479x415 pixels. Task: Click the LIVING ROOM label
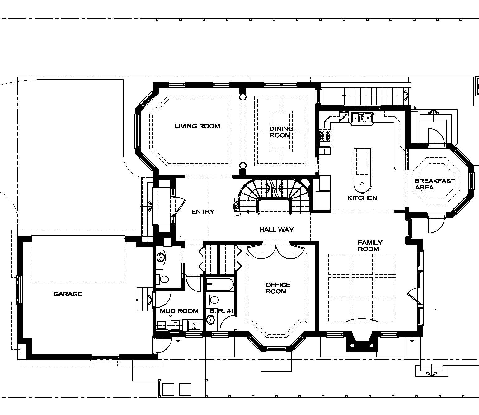click(197, 126)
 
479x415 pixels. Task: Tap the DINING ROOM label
click(281, 132)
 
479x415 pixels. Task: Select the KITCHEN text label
click(362, 198)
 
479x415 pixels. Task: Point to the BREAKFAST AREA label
click(434, 184)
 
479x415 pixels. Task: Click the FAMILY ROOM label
click(370, 246)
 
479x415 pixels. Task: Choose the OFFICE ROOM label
click(278, 288)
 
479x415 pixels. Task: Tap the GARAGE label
click(68, 294)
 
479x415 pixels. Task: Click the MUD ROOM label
click(179, 311)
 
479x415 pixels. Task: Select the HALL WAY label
click(276, 230)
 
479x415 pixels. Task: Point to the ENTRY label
click(203, 212)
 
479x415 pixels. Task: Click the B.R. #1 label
click(222, 311)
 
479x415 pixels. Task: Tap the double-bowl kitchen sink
click(362, 117)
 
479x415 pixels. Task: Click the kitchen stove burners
click(325, 136)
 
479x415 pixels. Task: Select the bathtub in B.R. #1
click(219, 284)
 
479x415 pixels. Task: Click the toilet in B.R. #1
click(212, 300)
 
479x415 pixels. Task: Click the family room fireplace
click(362, 341)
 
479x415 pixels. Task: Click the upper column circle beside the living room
click(243, 97)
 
